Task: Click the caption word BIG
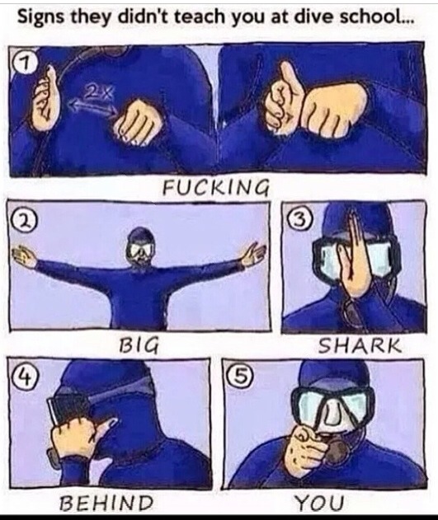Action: (139, 345)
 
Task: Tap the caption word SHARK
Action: (360, 345)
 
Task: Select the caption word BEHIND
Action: (106, 502)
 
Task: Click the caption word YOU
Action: (319, 502)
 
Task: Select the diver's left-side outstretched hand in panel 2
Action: (24, 256)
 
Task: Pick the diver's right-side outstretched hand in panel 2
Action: (254, 255)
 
